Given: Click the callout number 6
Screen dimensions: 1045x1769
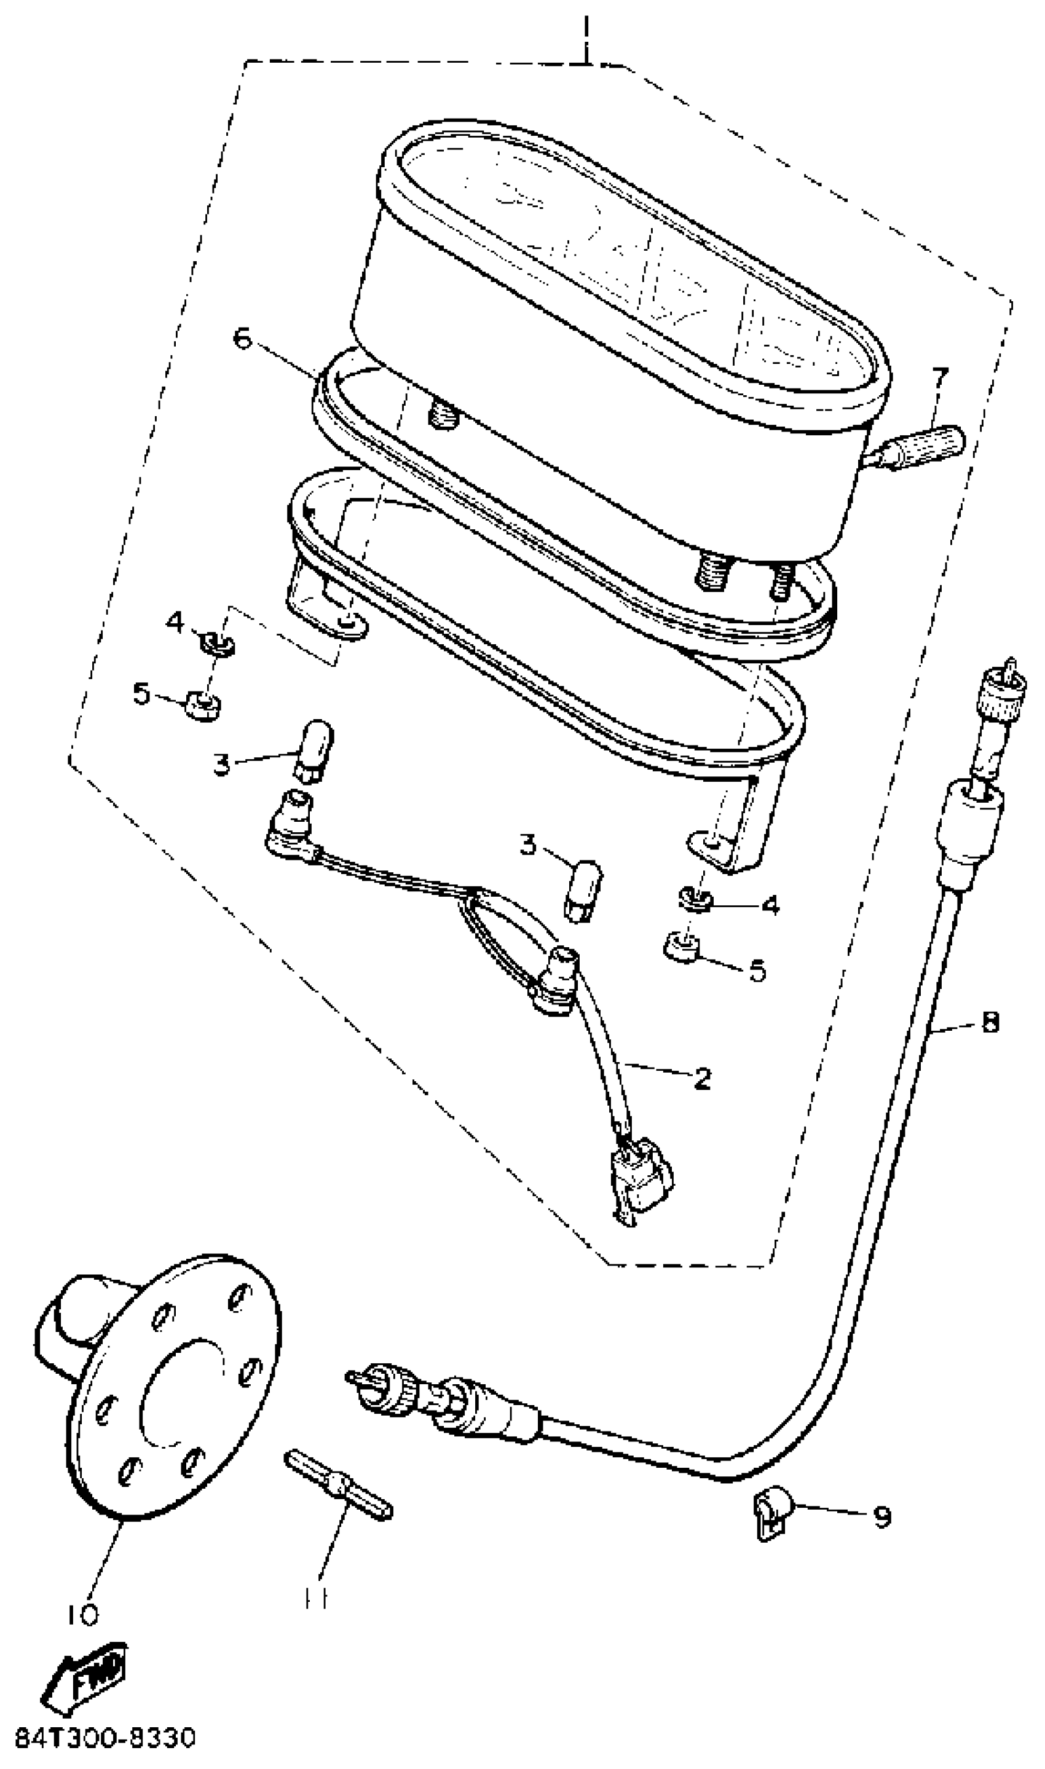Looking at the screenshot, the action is pos(242,339).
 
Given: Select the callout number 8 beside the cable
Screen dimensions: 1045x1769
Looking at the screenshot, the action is pos(990,1022).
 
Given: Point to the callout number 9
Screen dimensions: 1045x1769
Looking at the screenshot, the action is pos(881,1517).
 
